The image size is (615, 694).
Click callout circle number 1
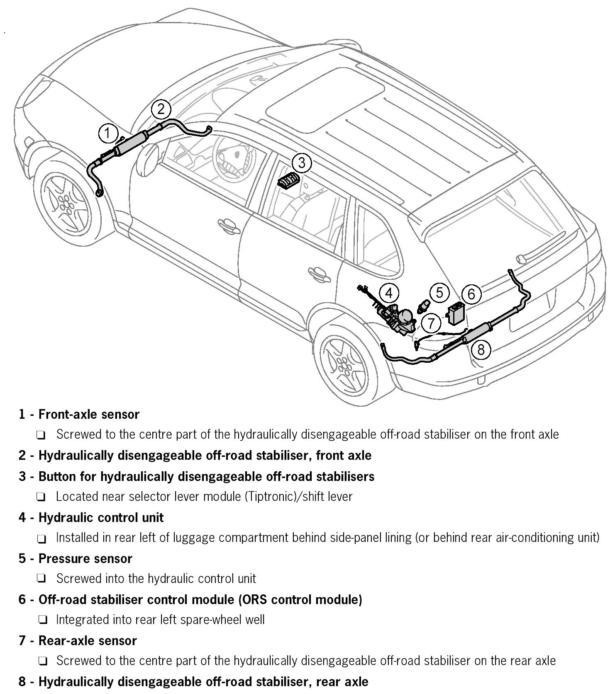click(x=108, y=133)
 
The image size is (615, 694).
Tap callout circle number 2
click(x=161, y=109)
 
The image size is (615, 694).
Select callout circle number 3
click(x=301, y=163)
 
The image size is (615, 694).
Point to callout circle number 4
click(x=388, y=293)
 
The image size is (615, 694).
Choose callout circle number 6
click(x=471, y=294)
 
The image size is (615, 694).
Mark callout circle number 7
click(x=431, y=323)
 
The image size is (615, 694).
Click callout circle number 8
click(x=481, y=349)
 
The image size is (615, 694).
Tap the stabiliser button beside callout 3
click(x=287, y=182)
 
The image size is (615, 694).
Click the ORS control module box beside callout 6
click(x=456, y=314)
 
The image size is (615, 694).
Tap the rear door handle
click(x=318, y=272)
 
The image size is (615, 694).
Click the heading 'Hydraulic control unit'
click(x=101, y=517)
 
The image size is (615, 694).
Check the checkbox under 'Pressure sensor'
click(x=41, y=579)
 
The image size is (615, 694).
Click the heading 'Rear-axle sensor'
click(x=87, y=641)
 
